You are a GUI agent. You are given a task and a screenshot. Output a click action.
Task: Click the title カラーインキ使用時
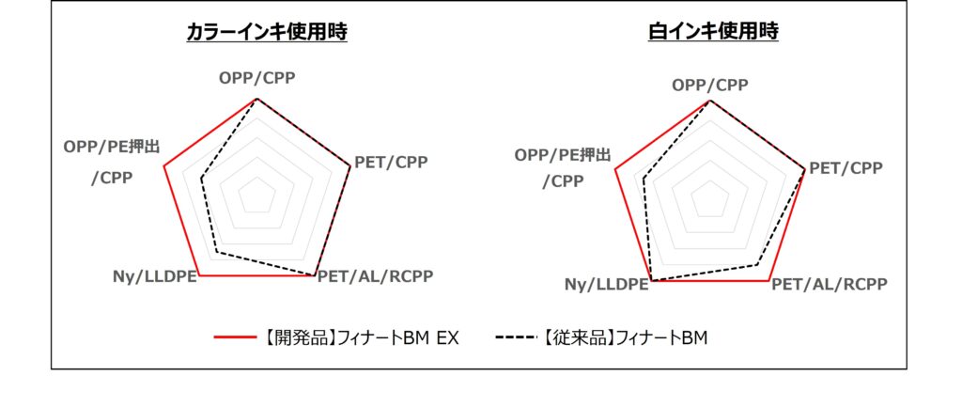coord(267,31)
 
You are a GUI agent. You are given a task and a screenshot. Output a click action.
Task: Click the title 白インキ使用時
coord(714,31)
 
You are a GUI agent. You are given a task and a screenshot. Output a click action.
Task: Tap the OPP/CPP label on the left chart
coord(257,78)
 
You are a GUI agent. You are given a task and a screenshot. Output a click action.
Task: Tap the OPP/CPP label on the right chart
coord(710,86)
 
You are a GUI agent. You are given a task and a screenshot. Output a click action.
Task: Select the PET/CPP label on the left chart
coord(391,162)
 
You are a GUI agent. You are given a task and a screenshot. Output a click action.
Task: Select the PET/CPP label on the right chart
coord(846,168)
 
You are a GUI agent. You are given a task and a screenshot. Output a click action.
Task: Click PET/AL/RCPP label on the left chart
coord(375,276)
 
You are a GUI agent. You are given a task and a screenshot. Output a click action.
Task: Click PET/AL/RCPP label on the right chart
coord(830,284)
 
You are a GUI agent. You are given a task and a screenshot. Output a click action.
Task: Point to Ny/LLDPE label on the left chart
coord(155,276)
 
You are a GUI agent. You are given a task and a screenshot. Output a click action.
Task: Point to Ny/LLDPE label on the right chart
coord(607,284)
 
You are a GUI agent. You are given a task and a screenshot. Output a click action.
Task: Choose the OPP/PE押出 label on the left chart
coord(111,147)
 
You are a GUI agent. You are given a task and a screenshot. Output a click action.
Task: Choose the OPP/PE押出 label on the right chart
coord(563,155)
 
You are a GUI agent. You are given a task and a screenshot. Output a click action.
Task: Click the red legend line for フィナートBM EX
coord(235,337)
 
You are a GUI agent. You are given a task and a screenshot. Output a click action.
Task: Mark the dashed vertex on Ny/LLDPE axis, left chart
coord(217,252)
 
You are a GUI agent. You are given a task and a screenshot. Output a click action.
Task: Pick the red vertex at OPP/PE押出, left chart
coord(163,165)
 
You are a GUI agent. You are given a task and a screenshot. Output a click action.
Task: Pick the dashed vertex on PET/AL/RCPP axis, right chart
coord(756,264)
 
